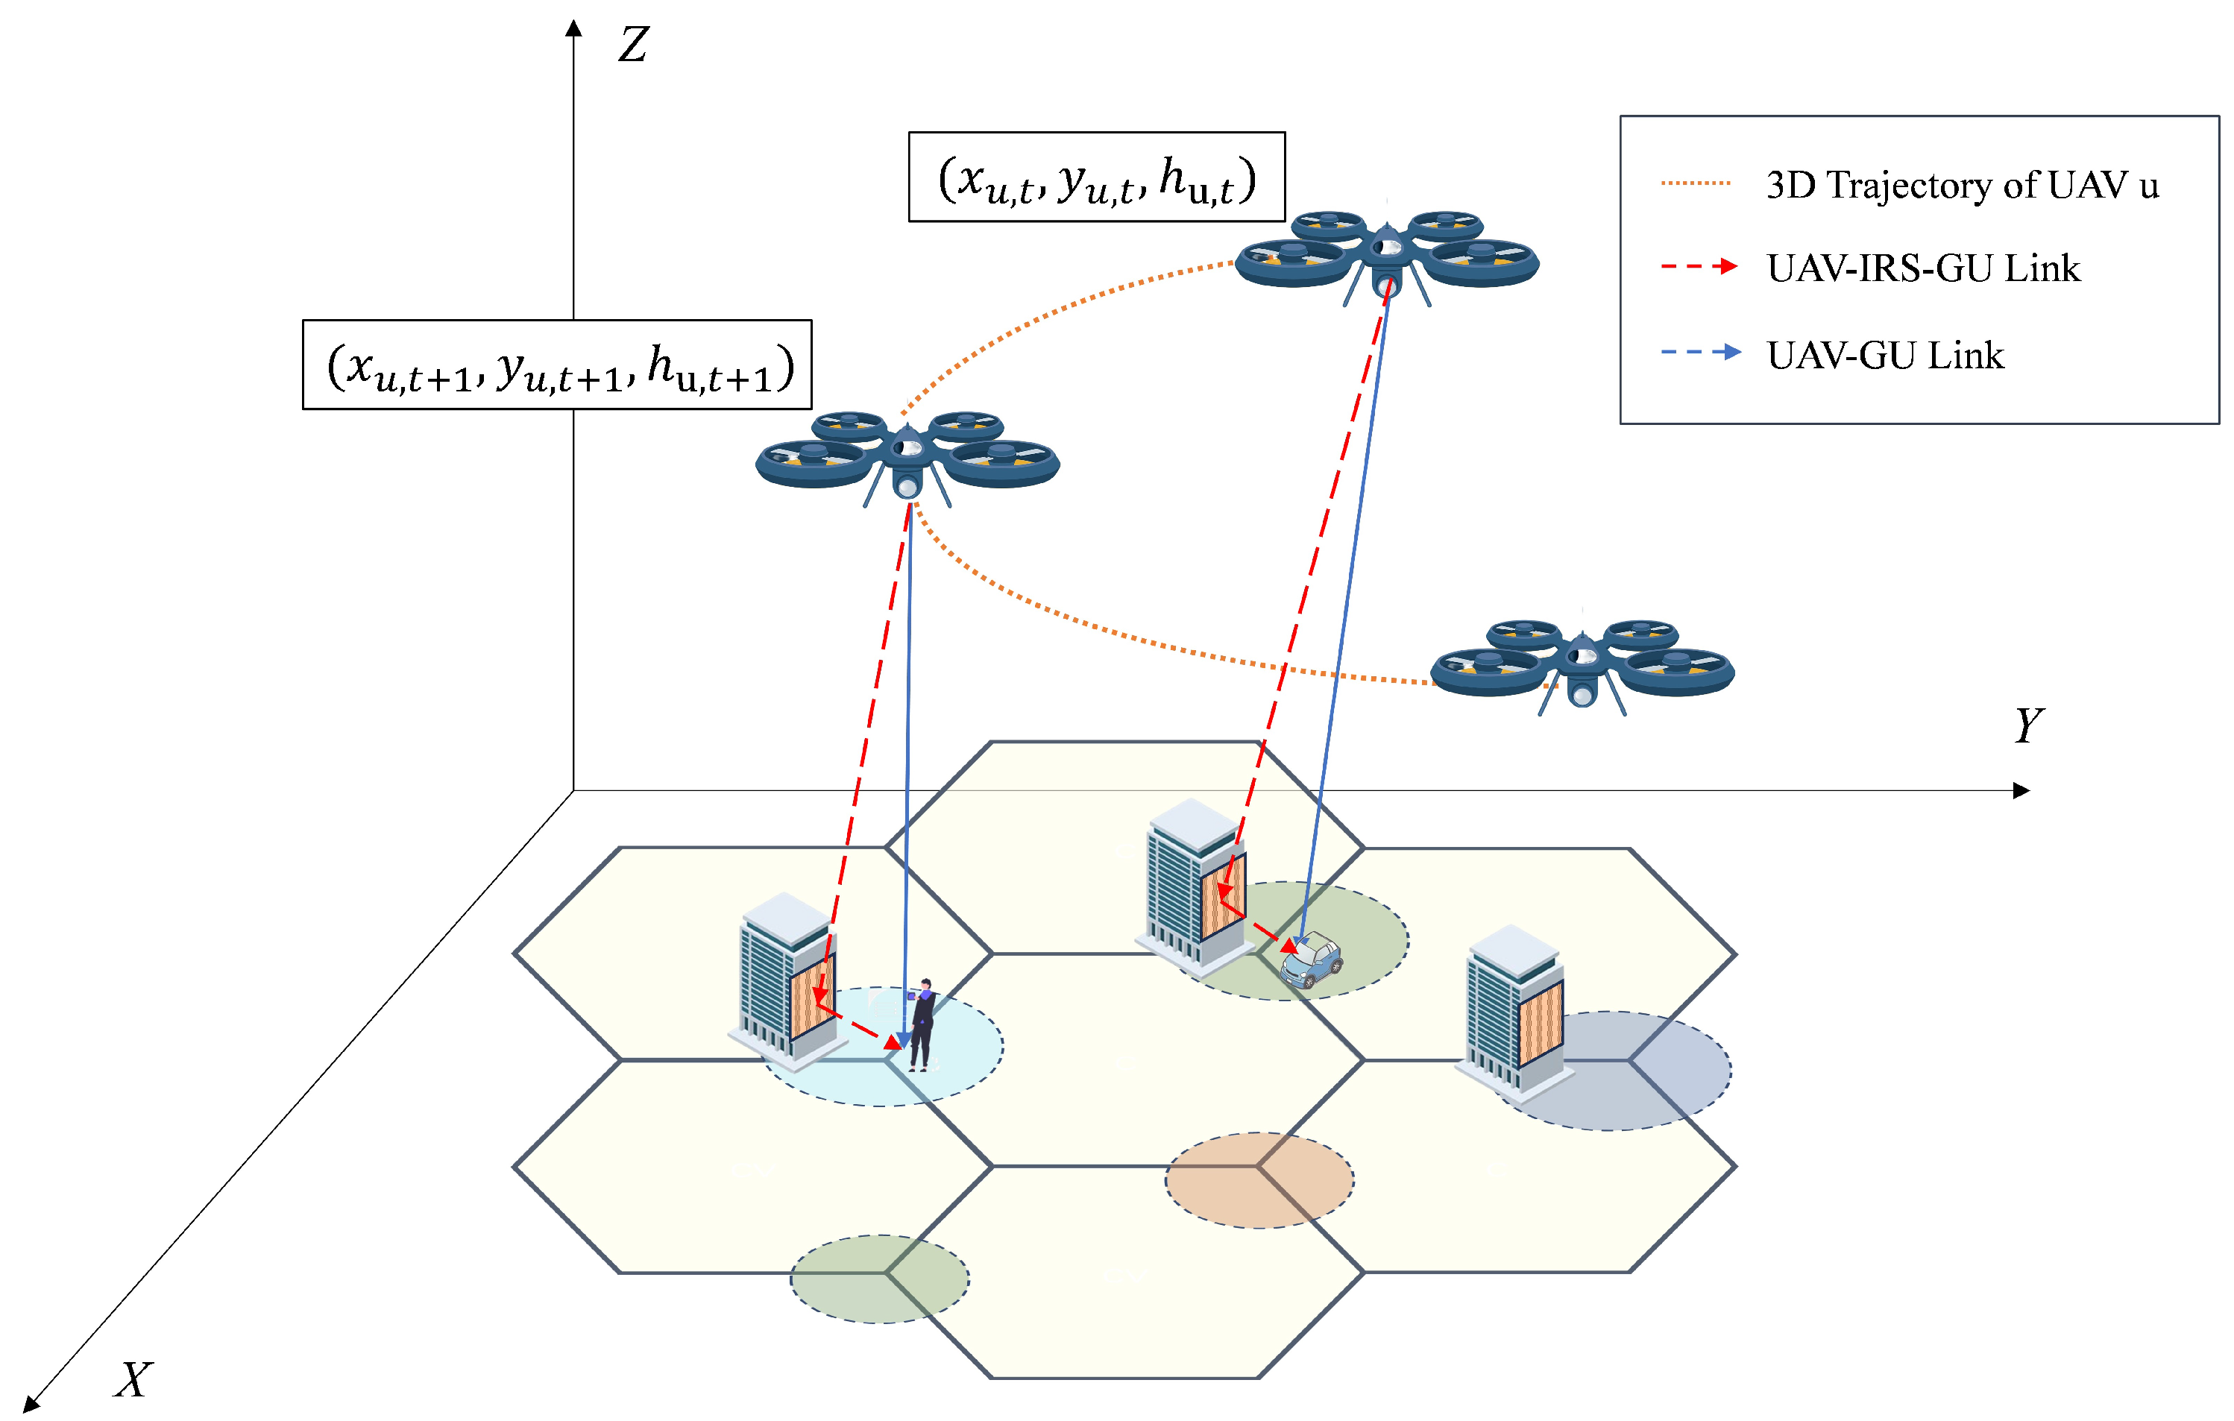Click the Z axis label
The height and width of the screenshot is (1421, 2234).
[x=634, y=43]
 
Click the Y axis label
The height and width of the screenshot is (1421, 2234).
[x=2029, y=725]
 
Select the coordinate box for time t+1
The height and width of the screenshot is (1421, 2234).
[x=558, y=365]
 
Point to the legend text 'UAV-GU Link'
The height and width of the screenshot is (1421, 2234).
[x=1885, y=355]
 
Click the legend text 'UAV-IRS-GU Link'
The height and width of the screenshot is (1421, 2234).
[x=1923, y=268]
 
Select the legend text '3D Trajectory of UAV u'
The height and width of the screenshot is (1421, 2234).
[x=1962, y=185]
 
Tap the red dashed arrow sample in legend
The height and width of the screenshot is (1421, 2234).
[x=1699, y=266]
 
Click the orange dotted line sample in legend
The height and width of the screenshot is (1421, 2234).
[x=1696, y=183]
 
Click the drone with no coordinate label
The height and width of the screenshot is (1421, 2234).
[x=1582, y=664]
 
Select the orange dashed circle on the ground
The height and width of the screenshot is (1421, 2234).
[x=1259, y=1180]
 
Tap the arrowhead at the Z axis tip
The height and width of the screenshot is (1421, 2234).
[x=574, y=28]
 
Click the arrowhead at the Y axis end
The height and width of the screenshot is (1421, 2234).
[x=2021, y=790]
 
